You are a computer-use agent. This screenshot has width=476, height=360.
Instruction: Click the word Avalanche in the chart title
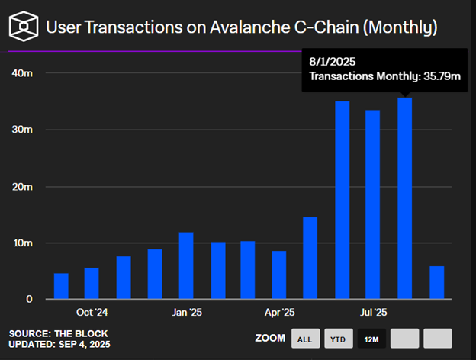tap(251, 28)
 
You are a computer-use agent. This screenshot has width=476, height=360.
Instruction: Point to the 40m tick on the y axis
tap(22, 73)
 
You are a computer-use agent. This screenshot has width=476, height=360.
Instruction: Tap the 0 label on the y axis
tap(28, 300)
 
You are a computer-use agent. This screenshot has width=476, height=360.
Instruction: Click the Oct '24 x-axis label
tap(92, 313)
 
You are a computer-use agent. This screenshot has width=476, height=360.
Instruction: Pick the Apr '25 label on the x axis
tap(279, 313)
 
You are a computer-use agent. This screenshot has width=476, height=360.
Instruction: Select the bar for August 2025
tap(404, 198)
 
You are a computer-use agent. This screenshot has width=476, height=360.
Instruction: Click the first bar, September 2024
tap(61, 286)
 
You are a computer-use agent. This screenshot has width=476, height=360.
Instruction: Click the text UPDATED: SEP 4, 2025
tap(58, 345)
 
